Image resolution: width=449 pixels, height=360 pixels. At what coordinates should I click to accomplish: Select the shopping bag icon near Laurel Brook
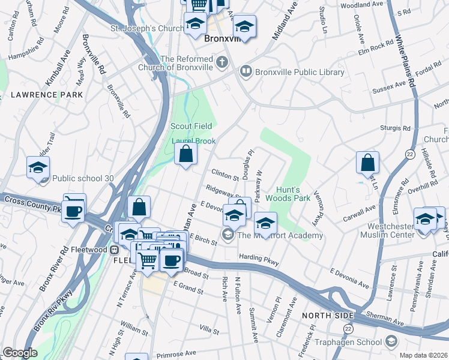(x=186, y=154)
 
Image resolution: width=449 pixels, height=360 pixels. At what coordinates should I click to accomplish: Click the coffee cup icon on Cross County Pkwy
(x=74, y=211)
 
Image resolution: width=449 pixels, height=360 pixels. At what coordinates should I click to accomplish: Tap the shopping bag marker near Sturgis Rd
(x=367, y=162)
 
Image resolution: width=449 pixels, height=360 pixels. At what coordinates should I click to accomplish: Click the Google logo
(x=19, y=353)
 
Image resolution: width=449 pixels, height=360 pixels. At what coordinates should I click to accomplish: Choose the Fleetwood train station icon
(x=113, y=250)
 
